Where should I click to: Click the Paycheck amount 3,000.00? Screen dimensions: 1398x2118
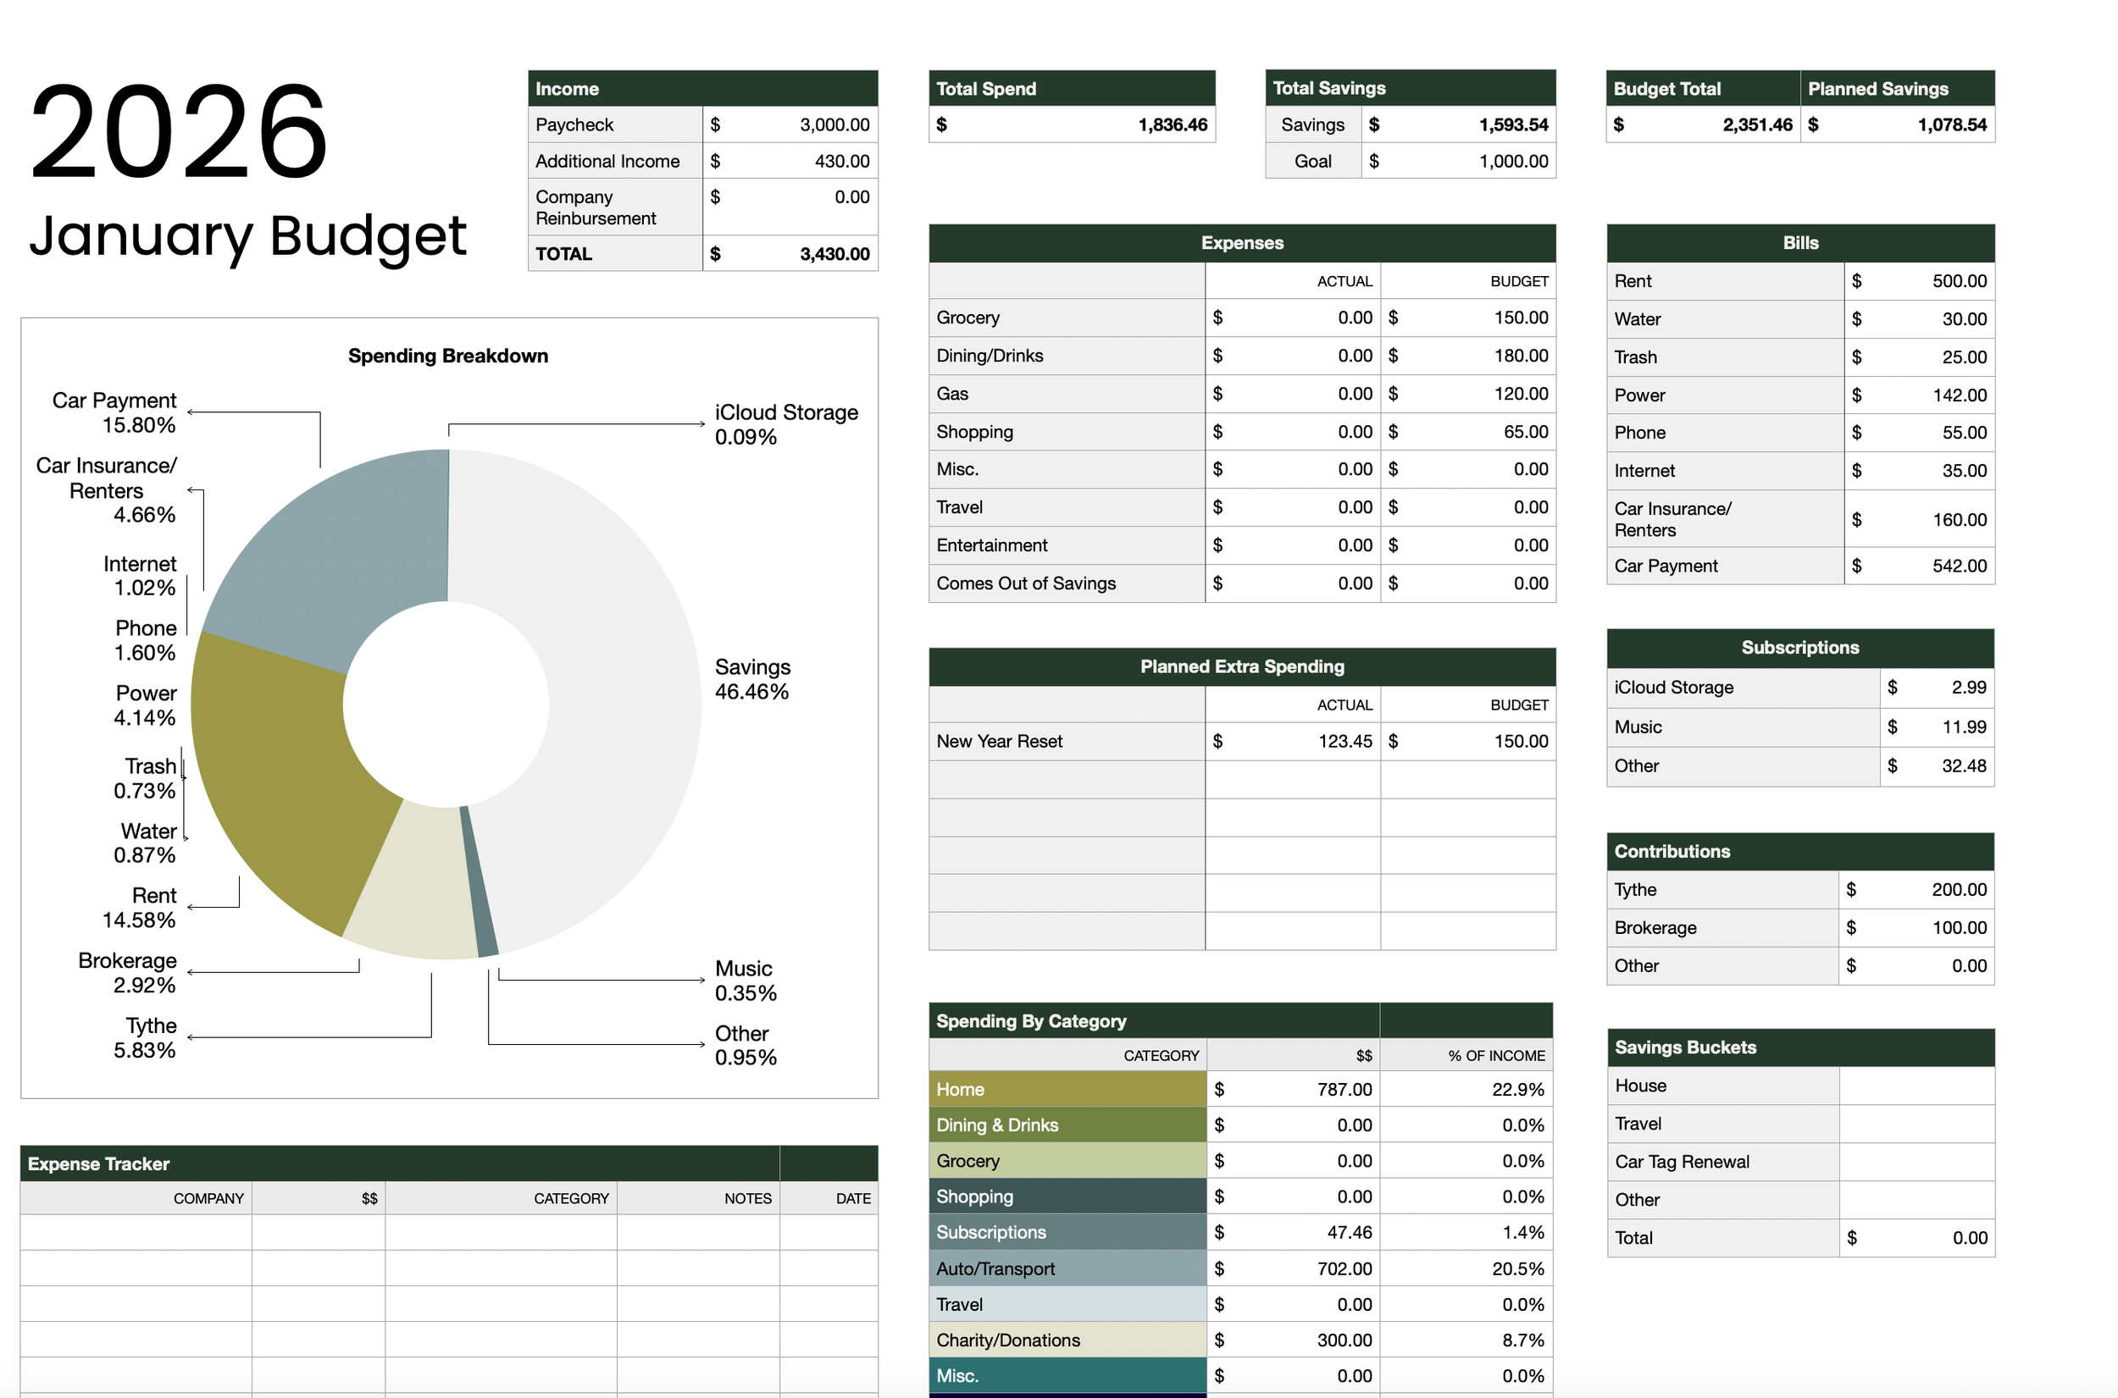click(x=834, y=124)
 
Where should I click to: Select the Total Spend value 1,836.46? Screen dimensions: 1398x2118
click(x=1172, y=124)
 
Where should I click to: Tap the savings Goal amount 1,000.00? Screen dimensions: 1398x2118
click(x=1512, y=162)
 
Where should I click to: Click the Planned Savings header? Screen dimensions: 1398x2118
click(x=1877, y=88)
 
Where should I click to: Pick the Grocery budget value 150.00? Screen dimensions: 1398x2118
click(x=1521, y=318)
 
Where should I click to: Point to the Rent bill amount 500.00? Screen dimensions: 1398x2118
click(x=1959, y=281)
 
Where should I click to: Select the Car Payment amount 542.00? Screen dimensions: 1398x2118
click(x=1959, y=566)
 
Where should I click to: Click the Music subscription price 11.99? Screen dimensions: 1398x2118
click(x=1964, y=727)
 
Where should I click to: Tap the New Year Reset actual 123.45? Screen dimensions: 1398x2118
click(x=1345, y=741)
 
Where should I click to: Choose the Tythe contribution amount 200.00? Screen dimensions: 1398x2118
click(x=1959, y=890)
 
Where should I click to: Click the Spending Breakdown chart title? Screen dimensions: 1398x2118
click(x=447, y=356)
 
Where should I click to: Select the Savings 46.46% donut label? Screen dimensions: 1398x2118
click(x=751, y=679)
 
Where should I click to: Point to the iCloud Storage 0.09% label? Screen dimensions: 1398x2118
click(x=785, y=424)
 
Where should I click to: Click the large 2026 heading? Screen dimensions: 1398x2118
click(x=179, y=131)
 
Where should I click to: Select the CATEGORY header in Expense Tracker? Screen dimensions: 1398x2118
click(x=571, y=1198)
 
